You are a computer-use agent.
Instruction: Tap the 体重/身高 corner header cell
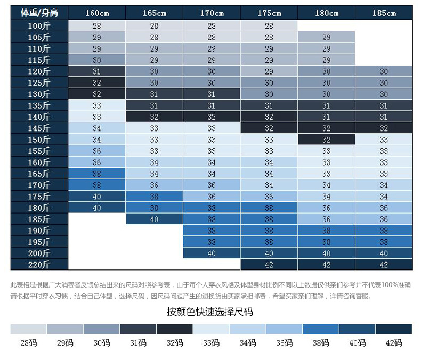[x=39, y=13]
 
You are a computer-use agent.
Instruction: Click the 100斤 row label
[x=39, y=26]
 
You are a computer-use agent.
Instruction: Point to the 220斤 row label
[x=39, y=265]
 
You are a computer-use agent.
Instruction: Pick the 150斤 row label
[x=39, y=140]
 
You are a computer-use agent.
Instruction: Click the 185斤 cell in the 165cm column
[x=154, y=219]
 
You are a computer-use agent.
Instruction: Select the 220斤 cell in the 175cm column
[x=269, y=265]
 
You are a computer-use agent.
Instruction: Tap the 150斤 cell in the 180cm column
[x=326, y=140]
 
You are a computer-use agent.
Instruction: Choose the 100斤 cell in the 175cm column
[x=269, y=26]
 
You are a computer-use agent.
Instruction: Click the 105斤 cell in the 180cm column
[x=326, y=38]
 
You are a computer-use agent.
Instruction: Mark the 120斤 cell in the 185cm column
[x=384, y=72]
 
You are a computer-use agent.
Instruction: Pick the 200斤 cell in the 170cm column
[x=212, y=253]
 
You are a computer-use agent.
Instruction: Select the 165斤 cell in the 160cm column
[x=96, y=174]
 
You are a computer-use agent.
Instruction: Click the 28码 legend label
[x=28, y=343]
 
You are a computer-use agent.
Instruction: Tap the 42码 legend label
[x=394, y=343]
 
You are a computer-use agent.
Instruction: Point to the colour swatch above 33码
[x=211, y=329]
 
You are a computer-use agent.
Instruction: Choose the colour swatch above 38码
[x=321, y=329]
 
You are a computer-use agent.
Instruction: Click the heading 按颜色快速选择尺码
[x=210, y=312]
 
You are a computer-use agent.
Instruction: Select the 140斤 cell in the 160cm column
[x=96, y=117]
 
